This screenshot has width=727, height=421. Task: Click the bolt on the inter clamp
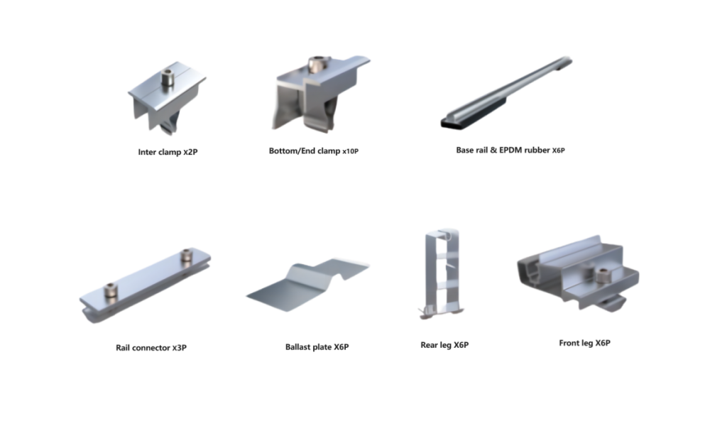click(168, 78)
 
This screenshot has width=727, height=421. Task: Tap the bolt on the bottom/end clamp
click(319, 65)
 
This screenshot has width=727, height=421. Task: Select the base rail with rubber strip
click(506, 92)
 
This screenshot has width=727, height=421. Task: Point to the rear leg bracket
click(442, 273)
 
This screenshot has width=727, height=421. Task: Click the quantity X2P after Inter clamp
click(190, 152)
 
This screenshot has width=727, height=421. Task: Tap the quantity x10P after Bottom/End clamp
click(350, 151)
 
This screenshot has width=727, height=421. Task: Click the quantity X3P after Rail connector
click(180, 348)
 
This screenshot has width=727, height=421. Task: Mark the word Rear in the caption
click(429, 345)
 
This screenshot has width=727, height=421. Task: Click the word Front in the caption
click(569, 343)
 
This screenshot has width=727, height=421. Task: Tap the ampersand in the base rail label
click(493, 150)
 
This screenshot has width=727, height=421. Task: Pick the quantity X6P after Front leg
click(603, 343)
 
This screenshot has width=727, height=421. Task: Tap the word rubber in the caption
click(537, 150)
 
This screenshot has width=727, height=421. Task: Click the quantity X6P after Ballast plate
click(341, 347)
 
